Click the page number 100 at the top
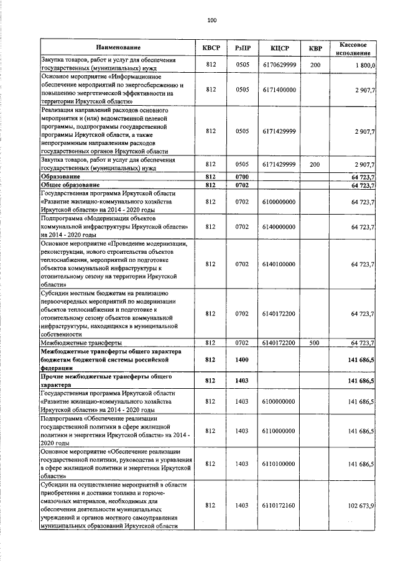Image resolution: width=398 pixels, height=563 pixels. click(x=211, y=21)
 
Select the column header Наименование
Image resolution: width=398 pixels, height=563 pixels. click(x=118, y=48)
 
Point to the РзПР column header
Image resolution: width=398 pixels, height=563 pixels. click(x=242, y=48)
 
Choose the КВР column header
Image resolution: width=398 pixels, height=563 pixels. click(x=315, y=48)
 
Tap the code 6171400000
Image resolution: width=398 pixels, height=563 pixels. click(x=279, y=90)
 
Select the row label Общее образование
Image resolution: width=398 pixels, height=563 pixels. click(x=70, y=185)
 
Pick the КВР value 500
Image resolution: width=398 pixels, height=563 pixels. click(x=315, y=343)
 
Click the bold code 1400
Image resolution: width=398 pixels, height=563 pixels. click(x=242, y=360)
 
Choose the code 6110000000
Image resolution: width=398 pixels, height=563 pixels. click(x=279, y=430)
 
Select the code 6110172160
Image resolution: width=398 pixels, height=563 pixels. click(x=279, y=506)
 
